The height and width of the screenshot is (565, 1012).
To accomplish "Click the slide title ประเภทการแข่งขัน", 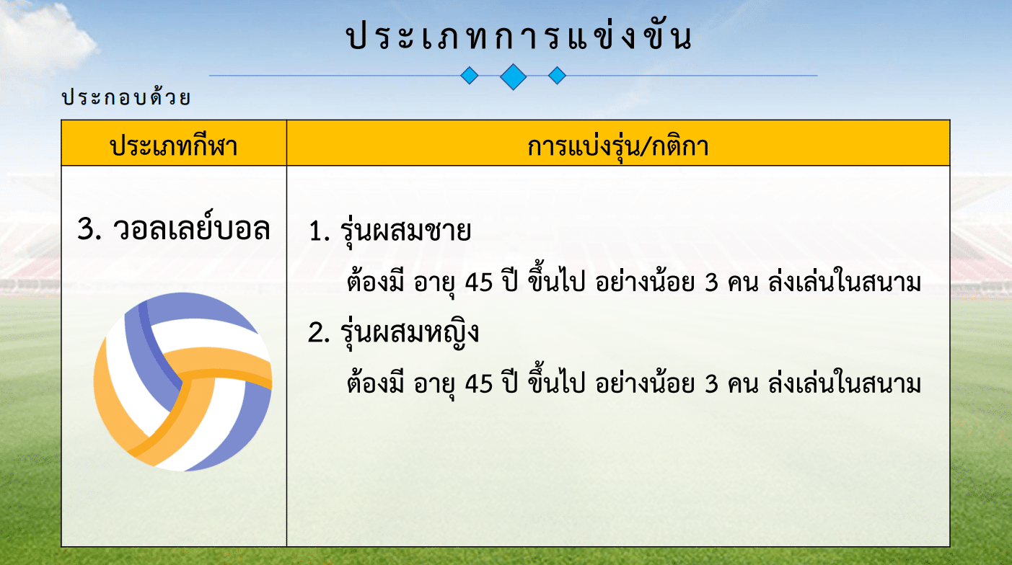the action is coord(519,35).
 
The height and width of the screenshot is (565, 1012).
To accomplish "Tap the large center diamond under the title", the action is coord(514,76).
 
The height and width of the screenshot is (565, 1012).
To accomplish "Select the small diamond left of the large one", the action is coord(470,76).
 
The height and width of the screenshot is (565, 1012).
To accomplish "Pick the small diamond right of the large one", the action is coord(557,76).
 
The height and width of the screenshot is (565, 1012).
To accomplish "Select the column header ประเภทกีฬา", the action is coord(174,146).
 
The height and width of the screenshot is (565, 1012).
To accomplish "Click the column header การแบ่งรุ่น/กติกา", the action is coord(618,146).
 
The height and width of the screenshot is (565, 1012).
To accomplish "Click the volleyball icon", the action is coord(183,382).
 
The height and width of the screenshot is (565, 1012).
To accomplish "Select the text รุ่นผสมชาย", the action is coord(405,231).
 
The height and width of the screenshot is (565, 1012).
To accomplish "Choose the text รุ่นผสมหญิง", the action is coord(409,333).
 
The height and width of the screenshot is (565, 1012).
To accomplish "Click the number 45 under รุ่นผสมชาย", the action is coord(478,283).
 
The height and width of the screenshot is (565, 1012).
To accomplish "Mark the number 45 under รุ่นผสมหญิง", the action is coord(478,385).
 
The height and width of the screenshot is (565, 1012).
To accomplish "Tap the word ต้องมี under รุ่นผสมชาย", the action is coord(375,280).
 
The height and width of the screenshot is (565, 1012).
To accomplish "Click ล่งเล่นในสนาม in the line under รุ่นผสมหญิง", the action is coord(845,382).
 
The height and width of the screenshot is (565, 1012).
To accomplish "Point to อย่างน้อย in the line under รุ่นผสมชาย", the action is coord(645,281).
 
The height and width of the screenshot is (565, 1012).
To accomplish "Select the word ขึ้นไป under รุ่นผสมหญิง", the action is coord(557,380).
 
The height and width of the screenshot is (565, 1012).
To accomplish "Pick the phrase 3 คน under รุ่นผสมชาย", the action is coord(731,283).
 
